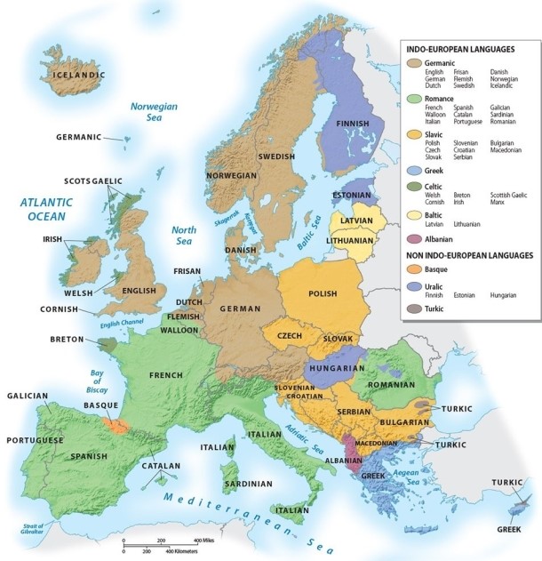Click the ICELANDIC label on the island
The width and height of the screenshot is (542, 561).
(x=79, y=76)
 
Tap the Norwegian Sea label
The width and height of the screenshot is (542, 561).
(x=154, y=111)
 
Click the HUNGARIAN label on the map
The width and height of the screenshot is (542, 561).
(x=338, y=368)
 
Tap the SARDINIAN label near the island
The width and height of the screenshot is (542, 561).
(x=248, y=485)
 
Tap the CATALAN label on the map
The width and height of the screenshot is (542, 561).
(x=160, y=465)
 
